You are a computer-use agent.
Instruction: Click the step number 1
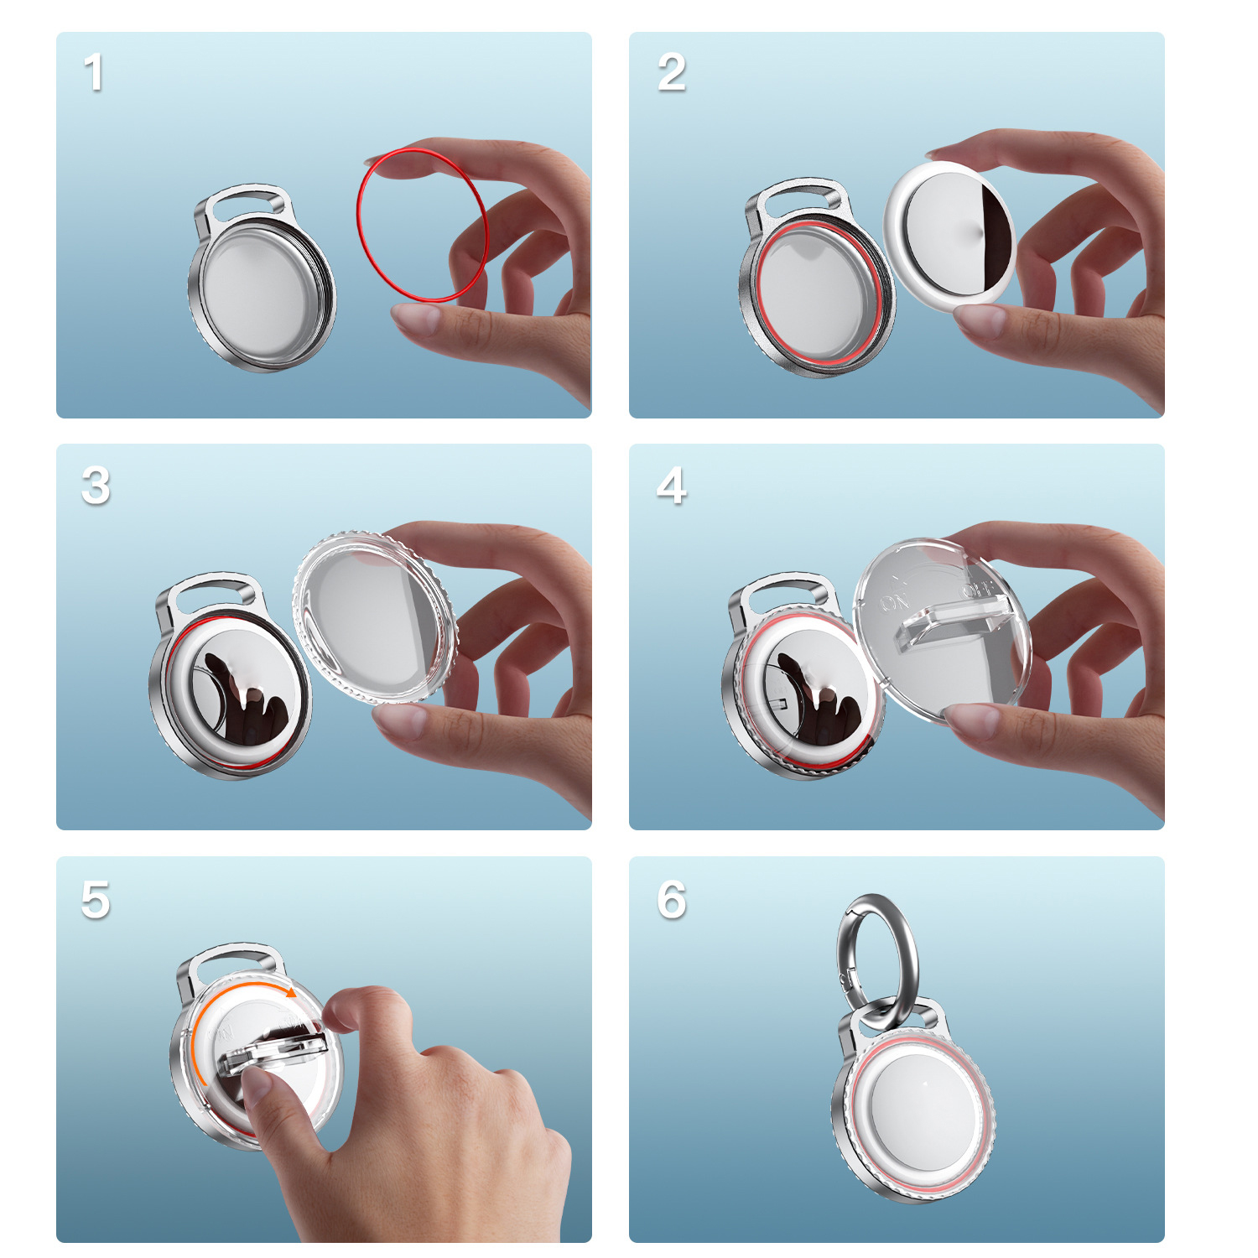tap(94, 72)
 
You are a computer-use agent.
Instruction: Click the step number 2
tap(671, 72)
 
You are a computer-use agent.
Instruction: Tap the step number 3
tap(96, 486)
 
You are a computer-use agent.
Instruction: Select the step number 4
tap(671, 486)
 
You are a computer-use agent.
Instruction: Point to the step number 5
tap(96, 900)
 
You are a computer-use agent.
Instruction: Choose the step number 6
tap(671, 900)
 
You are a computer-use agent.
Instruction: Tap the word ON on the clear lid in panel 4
tap(894, 601)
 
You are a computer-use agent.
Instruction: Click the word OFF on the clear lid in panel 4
tap(977, 589)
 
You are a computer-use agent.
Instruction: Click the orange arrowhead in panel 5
tap(290, 993)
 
